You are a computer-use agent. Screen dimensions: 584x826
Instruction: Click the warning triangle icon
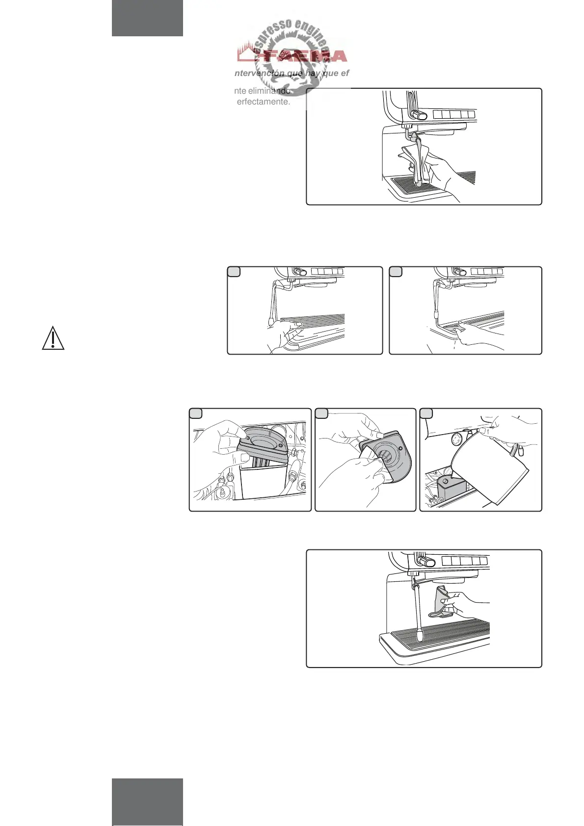click(53, 339)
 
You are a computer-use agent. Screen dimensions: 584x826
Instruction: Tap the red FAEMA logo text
click(304, 56)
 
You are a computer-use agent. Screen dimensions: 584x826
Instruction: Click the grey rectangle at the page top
click(147, 18)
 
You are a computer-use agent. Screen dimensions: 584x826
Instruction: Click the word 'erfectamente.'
click(264, 102)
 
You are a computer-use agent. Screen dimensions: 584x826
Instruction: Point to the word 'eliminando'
click(269, 91)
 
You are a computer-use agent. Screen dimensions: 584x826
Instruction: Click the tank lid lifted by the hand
click(265, 441)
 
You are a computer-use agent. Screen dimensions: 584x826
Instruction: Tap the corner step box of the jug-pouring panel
click(426, 413)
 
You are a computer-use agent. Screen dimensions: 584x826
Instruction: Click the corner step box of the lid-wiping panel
click(321, 413)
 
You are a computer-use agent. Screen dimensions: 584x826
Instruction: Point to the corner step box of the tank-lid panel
click(196, 413)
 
